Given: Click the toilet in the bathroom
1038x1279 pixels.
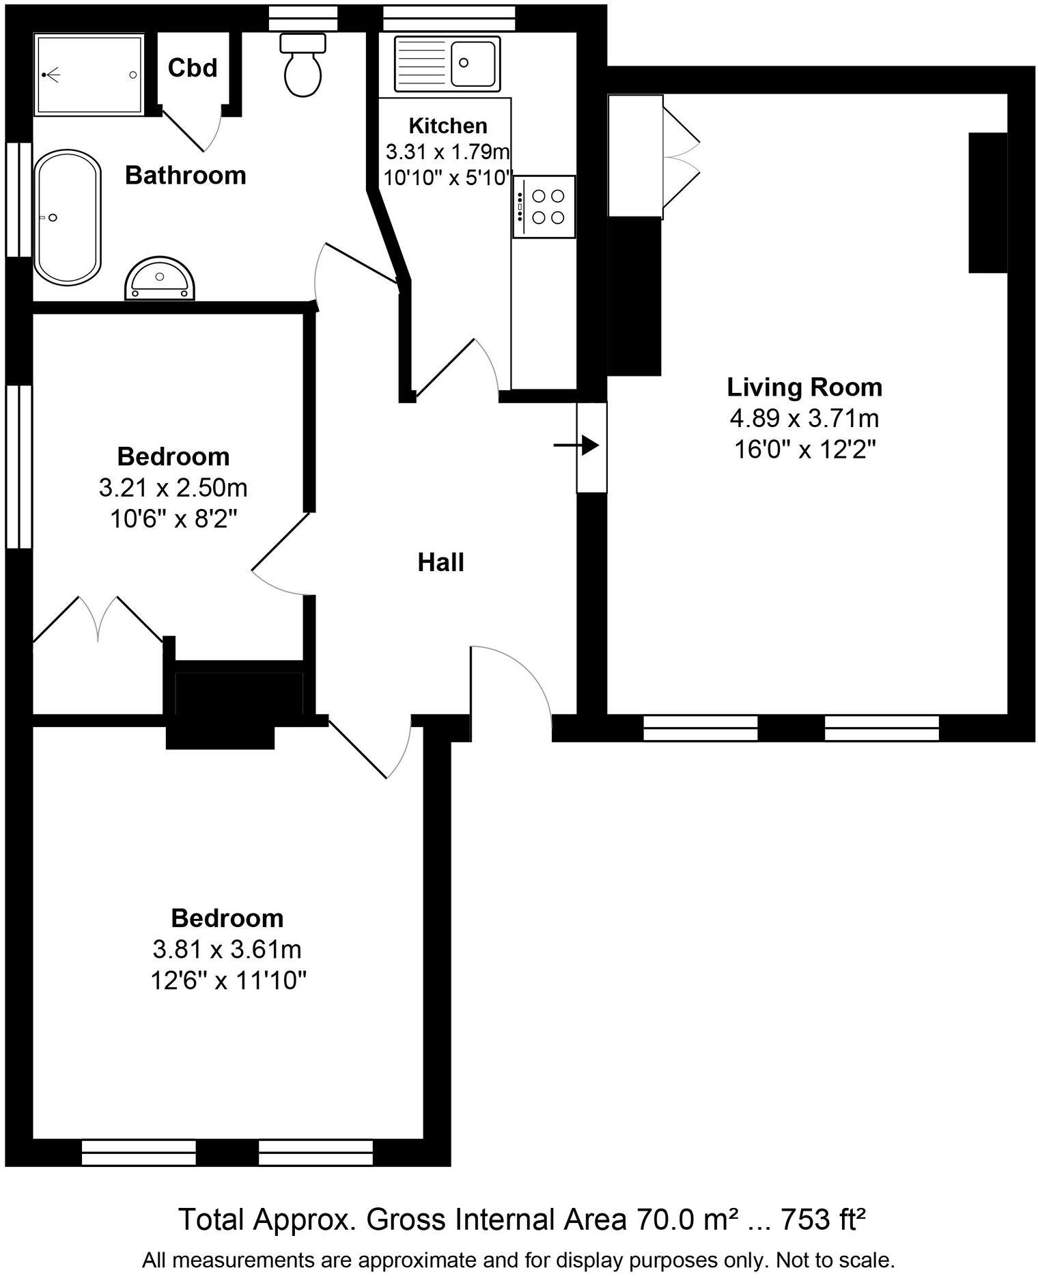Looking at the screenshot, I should point(303,68).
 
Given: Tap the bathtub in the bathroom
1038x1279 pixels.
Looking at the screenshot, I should point(68,218).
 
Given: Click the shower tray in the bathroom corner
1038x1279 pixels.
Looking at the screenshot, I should point(89,74).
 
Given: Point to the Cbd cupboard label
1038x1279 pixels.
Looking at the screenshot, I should point(193,68).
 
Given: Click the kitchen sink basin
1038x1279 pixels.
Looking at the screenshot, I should point(473,63).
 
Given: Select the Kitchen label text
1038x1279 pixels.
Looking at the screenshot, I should point(447,126).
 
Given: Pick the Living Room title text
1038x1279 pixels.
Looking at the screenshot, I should point(804,387).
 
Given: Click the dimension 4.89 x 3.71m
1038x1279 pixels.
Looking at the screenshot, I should point(804,418).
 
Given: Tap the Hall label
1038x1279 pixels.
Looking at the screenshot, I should point(440,563).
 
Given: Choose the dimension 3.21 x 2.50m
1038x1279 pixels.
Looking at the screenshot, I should point(173,489).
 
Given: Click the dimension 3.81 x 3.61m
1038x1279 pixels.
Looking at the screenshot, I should point(227,950).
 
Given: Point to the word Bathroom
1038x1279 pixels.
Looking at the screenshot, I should point(185,176).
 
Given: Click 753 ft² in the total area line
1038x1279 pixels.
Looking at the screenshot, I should point(823,1218).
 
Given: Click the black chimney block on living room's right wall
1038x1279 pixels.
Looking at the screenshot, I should point(987,203).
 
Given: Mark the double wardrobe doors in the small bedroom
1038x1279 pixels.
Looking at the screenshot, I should point(99,618).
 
